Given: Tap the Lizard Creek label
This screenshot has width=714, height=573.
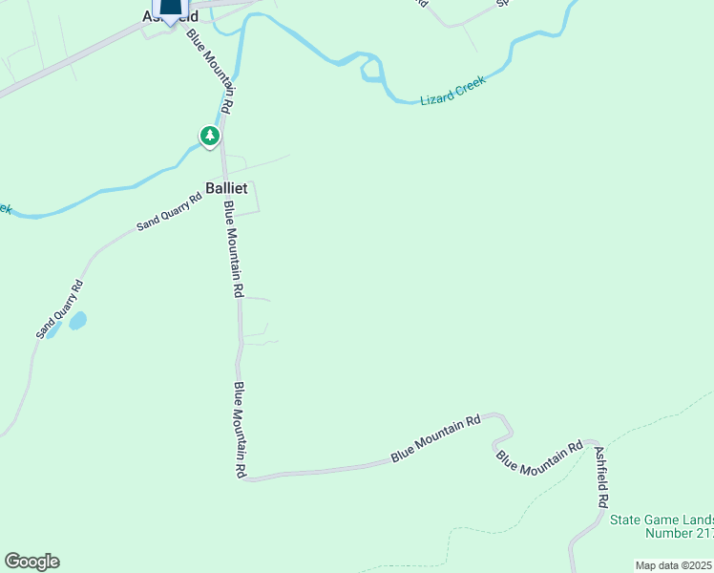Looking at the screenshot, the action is (x=453, y=89).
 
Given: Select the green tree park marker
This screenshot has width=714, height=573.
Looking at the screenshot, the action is (x=210, y=137).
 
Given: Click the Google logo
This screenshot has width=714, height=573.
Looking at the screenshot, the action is (x=31, y=562).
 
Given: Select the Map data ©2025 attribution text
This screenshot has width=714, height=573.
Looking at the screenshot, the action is (x=673, y=565).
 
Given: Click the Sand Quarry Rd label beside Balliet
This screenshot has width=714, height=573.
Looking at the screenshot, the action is (x=169, y=212).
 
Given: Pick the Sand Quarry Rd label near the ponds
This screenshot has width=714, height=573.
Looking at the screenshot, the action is (x=60, y=309).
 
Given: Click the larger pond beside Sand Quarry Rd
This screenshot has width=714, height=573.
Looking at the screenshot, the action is (x=77, y=321).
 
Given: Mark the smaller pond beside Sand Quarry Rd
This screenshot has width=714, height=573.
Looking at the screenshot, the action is (x=54, y=330).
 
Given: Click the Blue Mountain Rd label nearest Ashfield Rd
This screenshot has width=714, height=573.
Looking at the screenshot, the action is (x=539, y=457).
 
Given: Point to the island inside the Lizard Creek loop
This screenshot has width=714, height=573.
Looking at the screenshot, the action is (x=370, y=70).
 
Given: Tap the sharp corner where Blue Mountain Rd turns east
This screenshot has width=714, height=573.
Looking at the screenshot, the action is (x=247, y=478).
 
